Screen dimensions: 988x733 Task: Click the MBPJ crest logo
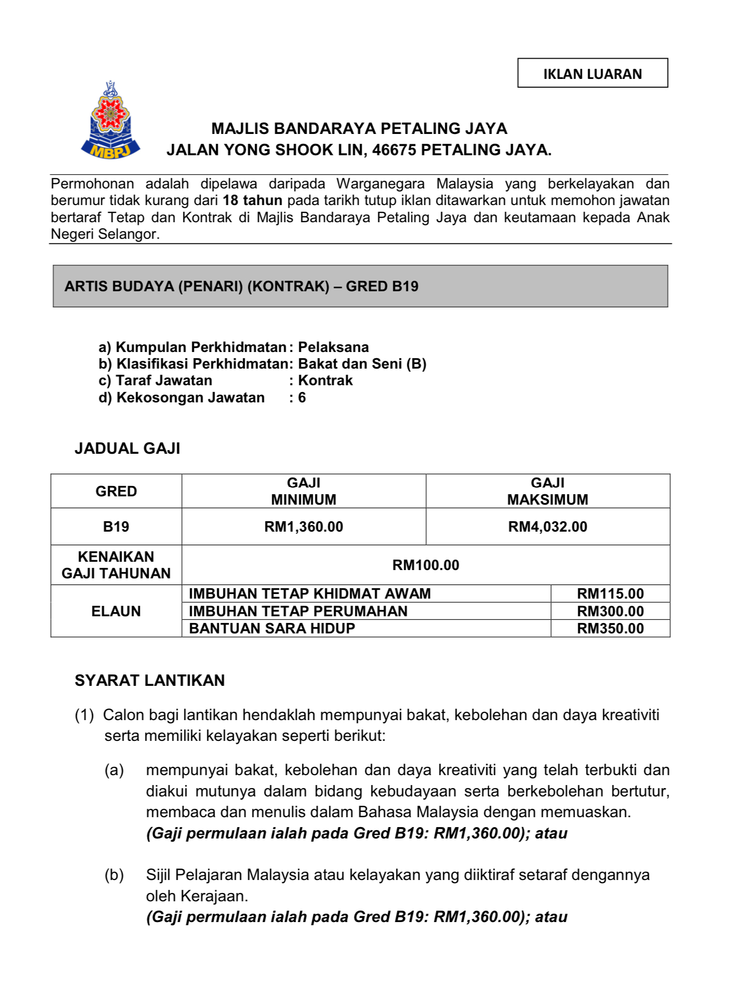pyautogui.click(x=110, y=120)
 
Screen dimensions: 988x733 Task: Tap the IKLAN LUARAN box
pyautogui.click(x=592, y=73)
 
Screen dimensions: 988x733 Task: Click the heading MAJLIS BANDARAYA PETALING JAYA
pyautogui.click(x=359, y=128)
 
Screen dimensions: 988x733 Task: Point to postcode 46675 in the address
pyautogui.click(x=394, y=150)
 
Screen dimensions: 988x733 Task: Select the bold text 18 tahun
pyautogui.click(x=252, y=200)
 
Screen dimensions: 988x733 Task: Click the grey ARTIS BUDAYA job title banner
pyautogui.click(x=360, y=286)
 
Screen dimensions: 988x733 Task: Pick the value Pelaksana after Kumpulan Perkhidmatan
pyautogui.click(x=333, y=347)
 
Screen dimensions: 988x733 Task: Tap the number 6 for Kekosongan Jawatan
pyautogui.click(x=302, y=398)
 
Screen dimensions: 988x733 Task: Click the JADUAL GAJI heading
pyautogui.click(x=127, y=448)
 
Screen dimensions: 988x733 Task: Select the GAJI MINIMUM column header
pyautogui.click(x=303, y=491)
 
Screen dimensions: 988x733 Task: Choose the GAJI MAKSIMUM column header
pyautogui.click(x=548, y=491)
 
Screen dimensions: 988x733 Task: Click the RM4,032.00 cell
pyautogui.click(x=548, y=526)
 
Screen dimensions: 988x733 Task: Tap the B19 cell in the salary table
pyautogui.click(x=116, y=526)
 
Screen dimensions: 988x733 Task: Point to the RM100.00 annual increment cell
pyautogui.click(x=425, y=565)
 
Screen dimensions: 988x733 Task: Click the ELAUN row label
pyautogui.click(x=116, y=611)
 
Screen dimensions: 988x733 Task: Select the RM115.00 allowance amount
pyautogui.click(x=610, y=593)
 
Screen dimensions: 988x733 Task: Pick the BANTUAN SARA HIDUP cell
pyautogui.click(x=272, y=628)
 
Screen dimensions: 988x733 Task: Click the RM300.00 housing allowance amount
pyautogui.click(x=610, y=611)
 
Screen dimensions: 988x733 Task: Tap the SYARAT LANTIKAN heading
pyautogui.click(x=150, y=680)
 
